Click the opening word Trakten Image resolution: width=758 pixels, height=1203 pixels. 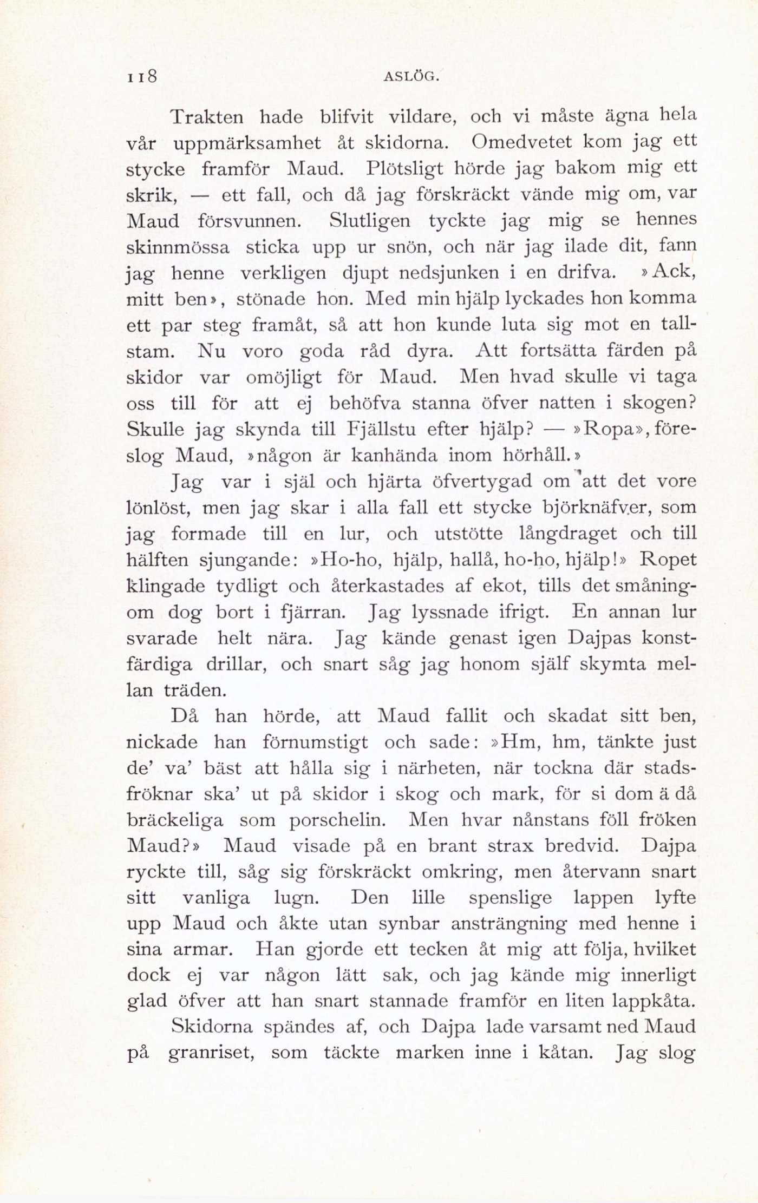[x=207, y=117]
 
